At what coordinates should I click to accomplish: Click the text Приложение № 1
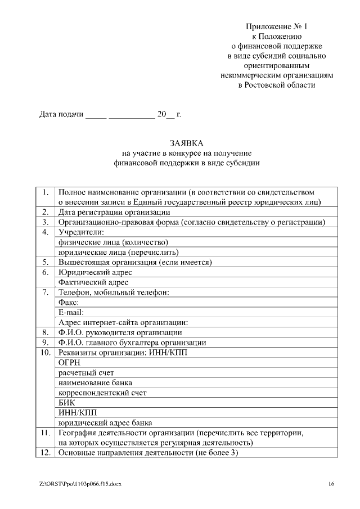[277, 26]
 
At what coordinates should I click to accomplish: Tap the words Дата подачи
[61, 115]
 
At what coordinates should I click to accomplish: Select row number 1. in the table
[45, 192]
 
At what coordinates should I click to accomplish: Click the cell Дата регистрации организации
[114, 212]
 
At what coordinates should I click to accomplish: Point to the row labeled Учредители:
[82, 232]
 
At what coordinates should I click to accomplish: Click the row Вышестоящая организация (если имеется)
[135, 262]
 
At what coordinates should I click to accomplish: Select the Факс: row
[69, 302]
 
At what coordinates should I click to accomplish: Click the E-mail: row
[71, 312]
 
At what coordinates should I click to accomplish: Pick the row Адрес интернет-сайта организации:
[123, 322]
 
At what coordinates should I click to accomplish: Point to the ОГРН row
[70, 363]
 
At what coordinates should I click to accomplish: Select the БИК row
[67, 403]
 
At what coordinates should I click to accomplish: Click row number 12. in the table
[45, 453]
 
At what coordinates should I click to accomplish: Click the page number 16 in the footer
[331, 484]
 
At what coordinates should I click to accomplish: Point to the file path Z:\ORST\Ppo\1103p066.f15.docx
[80, 484]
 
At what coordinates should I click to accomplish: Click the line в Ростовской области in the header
[277, 85]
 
